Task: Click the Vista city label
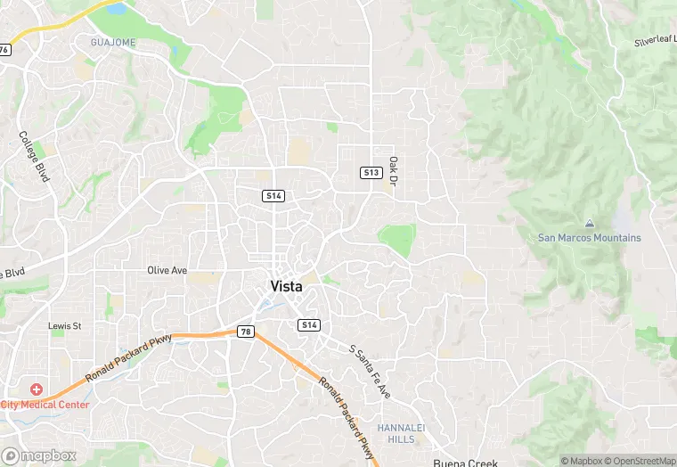pyautogui.click(x=286, y=287)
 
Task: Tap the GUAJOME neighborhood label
pyautogui.click(x=112, y=42)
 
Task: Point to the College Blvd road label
pyautogui.click(x=34, y=158)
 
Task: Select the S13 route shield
pyautogui.click(x=371, y=172)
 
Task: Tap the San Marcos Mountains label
pyautogui.click(x=589, y=238)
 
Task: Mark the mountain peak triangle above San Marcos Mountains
pyautogui.click(x=589, y=222)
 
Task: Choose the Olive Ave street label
pyautogui.click(x=167, y=269)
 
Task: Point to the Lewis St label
pyautogui.click(x=65, y=327)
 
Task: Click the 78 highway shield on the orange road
pyautogui.click(x=246, y=332)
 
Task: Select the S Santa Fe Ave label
pyautogui.click(x=370, y=372)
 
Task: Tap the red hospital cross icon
pyautogui.click(x=37, y=389)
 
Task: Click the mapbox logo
pyautogui.click(x=40, y=455)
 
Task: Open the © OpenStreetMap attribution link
pyautogui.click(x=640, y=461)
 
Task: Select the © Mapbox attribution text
pyautogui.click(x=583, y=461)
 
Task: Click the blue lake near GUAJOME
pyautogui.click(x=116, y=9)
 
